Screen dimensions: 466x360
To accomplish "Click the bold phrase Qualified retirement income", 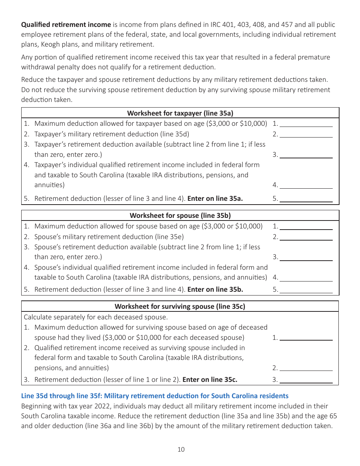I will pyautogui.click(x=66, y=25).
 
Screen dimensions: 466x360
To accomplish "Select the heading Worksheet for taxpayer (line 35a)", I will pyautogui.click(x=180, y=113).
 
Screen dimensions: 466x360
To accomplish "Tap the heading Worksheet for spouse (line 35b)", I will pyautogui.click(x=180, y=215).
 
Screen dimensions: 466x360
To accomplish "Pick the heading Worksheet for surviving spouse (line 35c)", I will pyautogui.click(x=180, y=306).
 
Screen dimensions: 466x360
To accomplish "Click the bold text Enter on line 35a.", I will pyautogui.click(x=215, y=199).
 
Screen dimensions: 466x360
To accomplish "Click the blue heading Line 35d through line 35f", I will pyautogui.click(x=155, y=396).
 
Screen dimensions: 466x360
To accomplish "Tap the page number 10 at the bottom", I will pyautogui.click(x=181, y=450).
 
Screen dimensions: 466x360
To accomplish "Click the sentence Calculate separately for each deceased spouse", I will pyautogui.click(x=95, y=317).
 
